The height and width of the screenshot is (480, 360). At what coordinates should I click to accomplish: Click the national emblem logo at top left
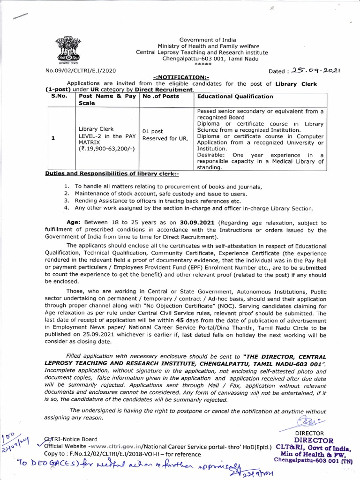coord(68,49)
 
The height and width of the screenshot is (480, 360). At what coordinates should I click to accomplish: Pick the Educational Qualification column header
coord(235,96)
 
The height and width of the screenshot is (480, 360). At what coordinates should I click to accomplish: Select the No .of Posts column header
coord(160,96)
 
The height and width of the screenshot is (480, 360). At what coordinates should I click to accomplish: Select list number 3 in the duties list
coord(67,201)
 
